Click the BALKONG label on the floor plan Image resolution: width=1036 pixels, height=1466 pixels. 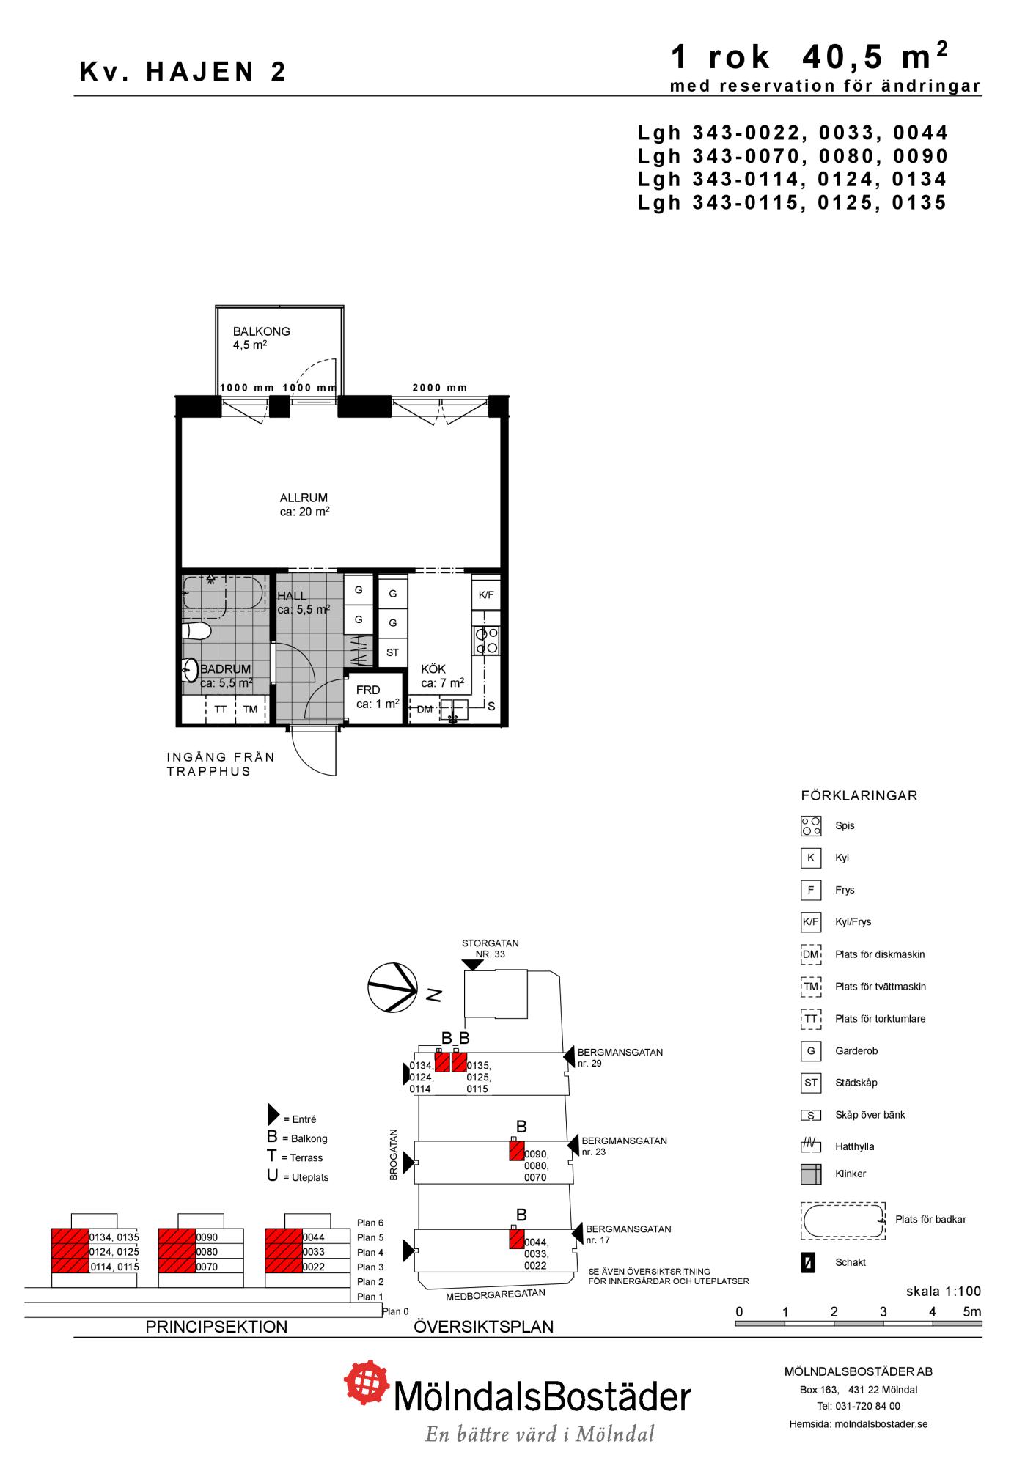tap(261, 331)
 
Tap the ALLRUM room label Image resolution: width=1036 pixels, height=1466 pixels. tap(304, 498)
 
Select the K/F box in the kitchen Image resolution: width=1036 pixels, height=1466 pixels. tap(486, 594)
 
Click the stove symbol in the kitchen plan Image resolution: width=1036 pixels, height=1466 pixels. tap(487, 641)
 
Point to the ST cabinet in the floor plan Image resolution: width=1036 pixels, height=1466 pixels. tap(393, 652)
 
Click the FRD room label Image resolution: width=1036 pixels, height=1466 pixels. tap(368, 690)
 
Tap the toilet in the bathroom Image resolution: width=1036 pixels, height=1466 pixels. tap(197, 631)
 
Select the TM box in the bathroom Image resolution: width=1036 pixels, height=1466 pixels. tap(251, 710)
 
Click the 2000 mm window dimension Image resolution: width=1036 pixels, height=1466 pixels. tap(440, 388)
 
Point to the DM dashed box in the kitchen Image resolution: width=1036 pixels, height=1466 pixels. tap(425, 710)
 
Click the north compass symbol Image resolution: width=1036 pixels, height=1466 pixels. tap(392, 987)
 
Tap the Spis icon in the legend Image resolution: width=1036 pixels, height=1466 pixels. tap(811, 826)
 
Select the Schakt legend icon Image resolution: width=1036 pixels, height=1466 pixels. tap(808, 1263)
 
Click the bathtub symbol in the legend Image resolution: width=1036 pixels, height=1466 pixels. tap(843, 1221)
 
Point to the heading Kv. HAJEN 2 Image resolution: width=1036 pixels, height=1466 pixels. tap(183, 71)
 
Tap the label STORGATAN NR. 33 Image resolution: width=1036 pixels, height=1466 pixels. tap(491, 949)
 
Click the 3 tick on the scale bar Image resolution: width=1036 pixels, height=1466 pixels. tap(883, 1312)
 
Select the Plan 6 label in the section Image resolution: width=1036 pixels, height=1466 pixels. tap(370, 1223)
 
